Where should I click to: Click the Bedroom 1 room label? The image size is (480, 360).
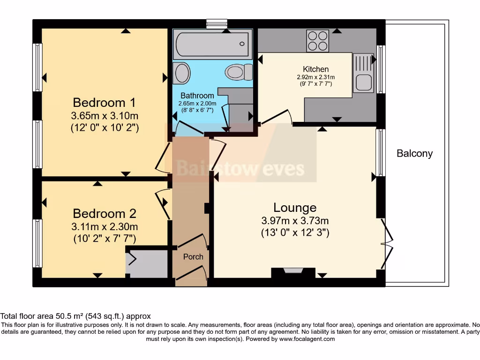pyautogui.click(x=106, y=102)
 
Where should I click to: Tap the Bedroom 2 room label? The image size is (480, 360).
pyautogui.click(x=105, y=214)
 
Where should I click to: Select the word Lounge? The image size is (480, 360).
pyautogui.click(x=295, y=208)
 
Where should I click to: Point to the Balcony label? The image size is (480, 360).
pyautogui.click(x=414, y=153)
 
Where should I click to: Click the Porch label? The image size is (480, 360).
pyautogui.click(x=193, y=256)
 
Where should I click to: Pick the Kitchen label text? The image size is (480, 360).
pyautogui.click(x=315, y=69)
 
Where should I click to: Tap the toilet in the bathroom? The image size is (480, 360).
pyautogui.click(x=239, y=72)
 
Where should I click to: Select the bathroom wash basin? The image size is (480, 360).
pyautogui.click(x=181, y=73)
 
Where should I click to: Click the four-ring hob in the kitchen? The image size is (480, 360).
pyautogui.click(x=318, y=41)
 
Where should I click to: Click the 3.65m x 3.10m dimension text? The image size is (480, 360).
pyautogui.click(x=105, y=116)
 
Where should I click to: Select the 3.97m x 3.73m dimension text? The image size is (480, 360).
pyautogui.click(x=295, y=221)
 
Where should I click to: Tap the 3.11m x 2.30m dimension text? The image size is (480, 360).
pyautogui.click(x=105, y=227)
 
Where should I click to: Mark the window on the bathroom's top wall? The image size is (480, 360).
pyautogui.click(x=217, y=23)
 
